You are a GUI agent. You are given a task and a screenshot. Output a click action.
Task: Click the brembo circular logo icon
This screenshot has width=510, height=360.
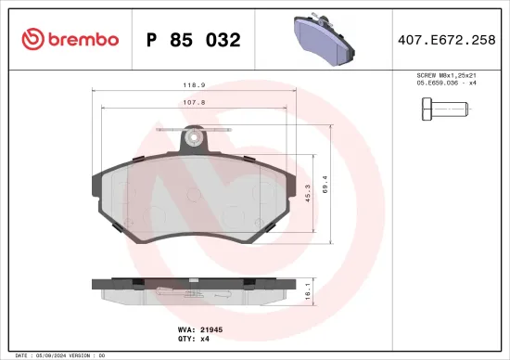tap(31, 39)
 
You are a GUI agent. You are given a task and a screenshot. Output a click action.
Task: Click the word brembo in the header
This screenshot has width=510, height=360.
tap(84, 39)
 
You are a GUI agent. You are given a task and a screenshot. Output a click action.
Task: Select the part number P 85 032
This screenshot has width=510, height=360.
tap(194, 40)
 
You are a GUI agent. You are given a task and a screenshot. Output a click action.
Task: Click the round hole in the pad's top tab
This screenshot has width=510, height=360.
tap(194, 139)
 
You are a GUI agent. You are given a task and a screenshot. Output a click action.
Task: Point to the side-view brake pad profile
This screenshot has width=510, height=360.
tap(195, 291)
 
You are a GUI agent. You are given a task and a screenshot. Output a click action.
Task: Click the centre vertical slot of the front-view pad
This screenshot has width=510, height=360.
tap(195, 199)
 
